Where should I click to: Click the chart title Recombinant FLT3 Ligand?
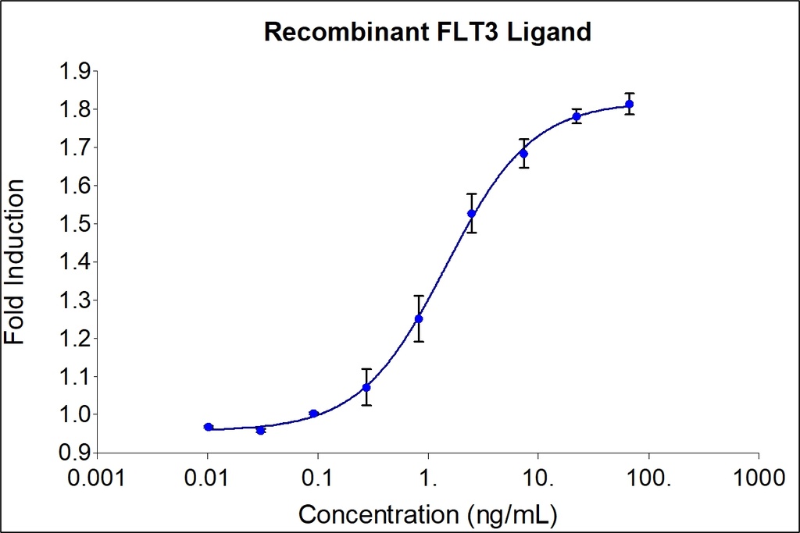(427, 31)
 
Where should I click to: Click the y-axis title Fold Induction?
(15, 261)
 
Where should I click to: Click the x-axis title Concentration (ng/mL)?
(427, 514)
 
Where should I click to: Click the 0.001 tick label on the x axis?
(97, 475)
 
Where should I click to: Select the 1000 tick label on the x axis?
(758, 475)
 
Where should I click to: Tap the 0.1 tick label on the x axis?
(317, 475)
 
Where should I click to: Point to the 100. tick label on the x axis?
(648, 475)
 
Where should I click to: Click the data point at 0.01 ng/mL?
(209, 427)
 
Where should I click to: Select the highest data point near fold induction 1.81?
(629, 104)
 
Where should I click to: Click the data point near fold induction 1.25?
(419, 318)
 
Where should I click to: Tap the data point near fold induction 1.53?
(471, 213)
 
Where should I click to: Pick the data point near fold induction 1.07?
(366, 387)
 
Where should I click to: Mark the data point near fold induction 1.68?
(523, 154)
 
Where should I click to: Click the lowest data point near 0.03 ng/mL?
(261, 430)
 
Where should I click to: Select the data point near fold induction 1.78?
(577, 116)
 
